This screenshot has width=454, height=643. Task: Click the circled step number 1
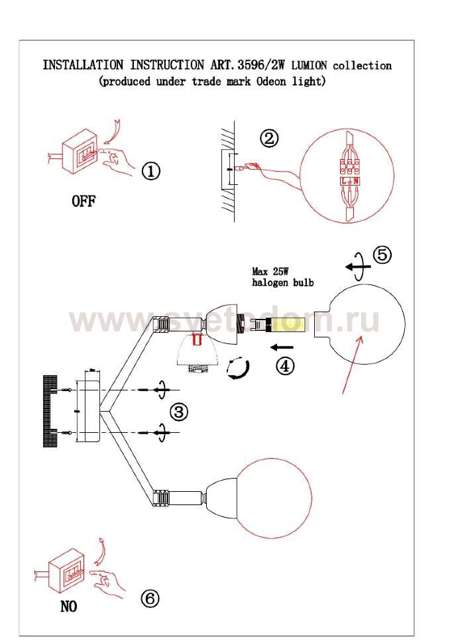click(151, 170)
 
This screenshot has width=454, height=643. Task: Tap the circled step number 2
click(269, 139)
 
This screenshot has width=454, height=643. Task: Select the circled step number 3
click(179, 411)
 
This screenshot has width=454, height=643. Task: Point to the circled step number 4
click(284, 365)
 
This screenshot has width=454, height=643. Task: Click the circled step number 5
click(382, 255)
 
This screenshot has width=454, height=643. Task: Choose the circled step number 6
click(150, 599)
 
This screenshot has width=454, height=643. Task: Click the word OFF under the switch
click(84, 201)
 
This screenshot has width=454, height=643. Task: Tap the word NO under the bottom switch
click(68, 606)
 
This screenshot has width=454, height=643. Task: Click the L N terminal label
click(350, 181)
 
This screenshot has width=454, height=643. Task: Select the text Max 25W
click(270, 271)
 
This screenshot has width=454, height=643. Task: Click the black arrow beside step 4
click(282, 348)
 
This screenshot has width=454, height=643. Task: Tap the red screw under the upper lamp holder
click(196, 339)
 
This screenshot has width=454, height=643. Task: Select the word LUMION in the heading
click(309, 65)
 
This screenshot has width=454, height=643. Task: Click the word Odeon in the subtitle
click(270, 81)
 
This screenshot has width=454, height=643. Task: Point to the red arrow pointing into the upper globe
click(353, 365)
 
